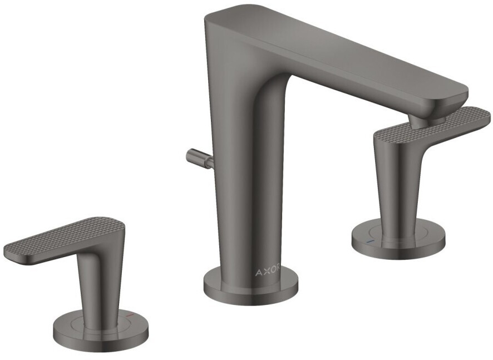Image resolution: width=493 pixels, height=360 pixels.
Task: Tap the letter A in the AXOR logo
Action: [x=258, y=273]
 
